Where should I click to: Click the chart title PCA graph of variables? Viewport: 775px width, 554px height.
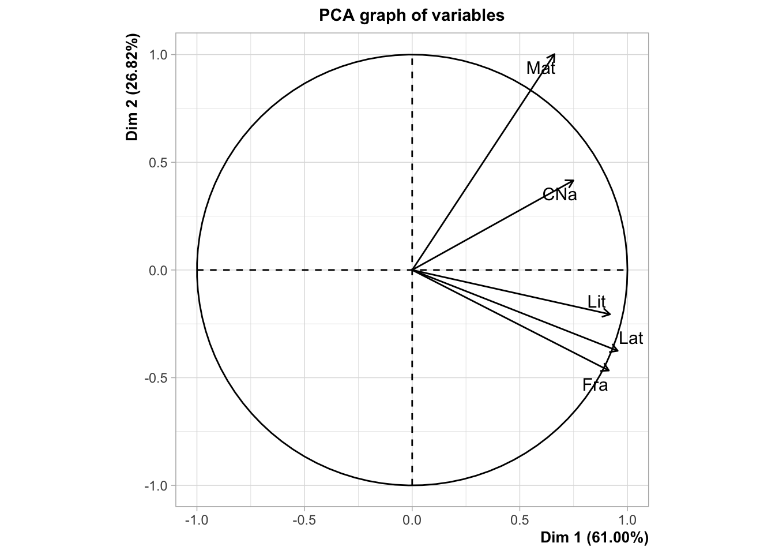point(412,15)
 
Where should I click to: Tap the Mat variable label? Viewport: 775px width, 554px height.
point(540,68)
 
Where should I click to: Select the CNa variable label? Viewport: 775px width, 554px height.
point(559,194)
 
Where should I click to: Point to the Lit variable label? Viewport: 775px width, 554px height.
point(596,301)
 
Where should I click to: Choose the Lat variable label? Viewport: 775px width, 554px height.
point(631,338)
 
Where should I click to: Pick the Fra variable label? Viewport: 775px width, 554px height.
point(595,385)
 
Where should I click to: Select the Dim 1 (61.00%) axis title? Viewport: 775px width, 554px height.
point(594,538)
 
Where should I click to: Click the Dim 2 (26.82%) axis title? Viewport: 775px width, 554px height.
point(133,88)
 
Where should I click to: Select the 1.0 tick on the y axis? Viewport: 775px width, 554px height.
point(159,55)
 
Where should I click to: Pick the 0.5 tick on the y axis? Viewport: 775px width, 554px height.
point(159,162)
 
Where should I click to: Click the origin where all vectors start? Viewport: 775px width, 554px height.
point(412,270)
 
